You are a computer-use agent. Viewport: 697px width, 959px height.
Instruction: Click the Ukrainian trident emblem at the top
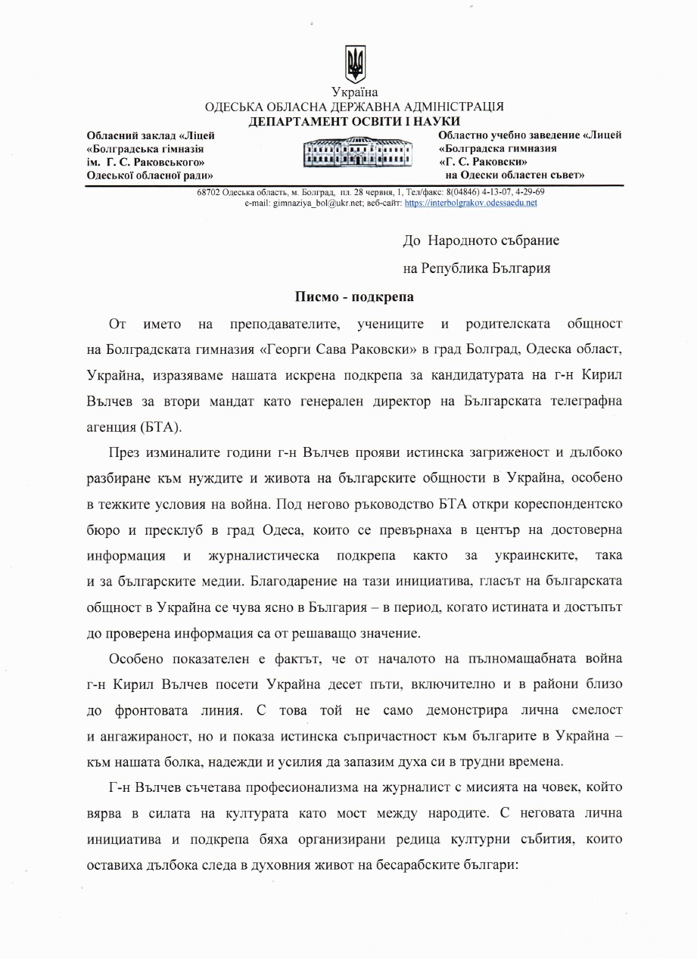coord(355,64)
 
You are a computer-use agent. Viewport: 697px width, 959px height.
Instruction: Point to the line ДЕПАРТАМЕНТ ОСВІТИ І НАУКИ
coord(355,121)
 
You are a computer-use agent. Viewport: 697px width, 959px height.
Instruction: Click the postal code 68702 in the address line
coord(208,192)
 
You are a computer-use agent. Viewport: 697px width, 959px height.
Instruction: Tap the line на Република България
coord(477,268)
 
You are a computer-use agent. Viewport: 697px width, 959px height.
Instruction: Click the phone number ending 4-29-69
coord(527,192)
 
